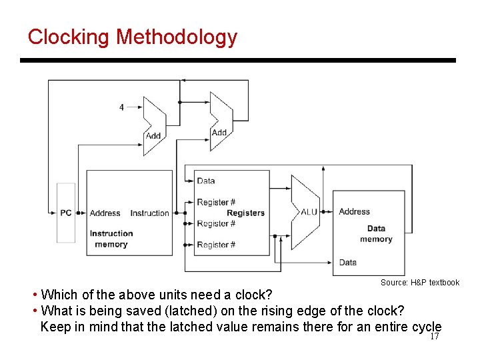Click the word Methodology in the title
point(176,37)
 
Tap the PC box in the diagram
point(66,213)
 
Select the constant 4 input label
point(121,107)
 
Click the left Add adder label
point(153,135)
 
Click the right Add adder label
point(219,132)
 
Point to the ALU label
point(309,212)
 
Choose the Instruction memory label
point(111,239)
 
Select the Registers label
point(245,213)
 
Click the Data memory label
point(376,234)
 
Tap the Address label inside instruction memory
point(105,213)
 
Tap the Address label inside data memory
point(354,211)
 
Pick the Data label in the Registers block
point(206,181)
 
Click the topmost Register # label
point(216,202)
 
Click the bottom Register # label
point(216,245)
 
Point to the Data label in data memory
point(347,262)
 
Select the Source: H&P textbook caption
point(420,283)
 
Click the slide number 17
point(435,337)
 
